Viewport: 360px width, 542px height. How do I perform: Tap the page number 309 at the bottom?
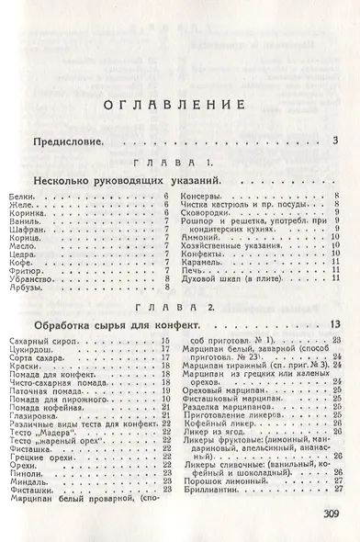pyautogui.click(x=325, y=514)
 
